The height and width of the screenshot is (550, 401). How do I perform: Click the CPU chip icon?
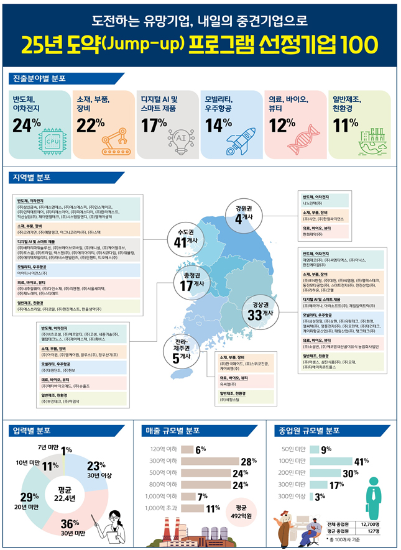pyautogui.click(x=52, y=140)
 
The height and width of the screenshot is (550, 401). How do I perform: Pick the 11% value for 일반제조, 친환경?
pyautogui.click(x=346, y=125)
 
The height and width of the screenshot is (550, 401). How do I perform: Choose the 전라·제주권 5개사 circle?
pyautogui.click(x=179, y=351)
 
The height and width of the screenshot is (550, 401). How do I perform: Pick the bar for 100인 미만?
pyautogui.click(x=325, y=461)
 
